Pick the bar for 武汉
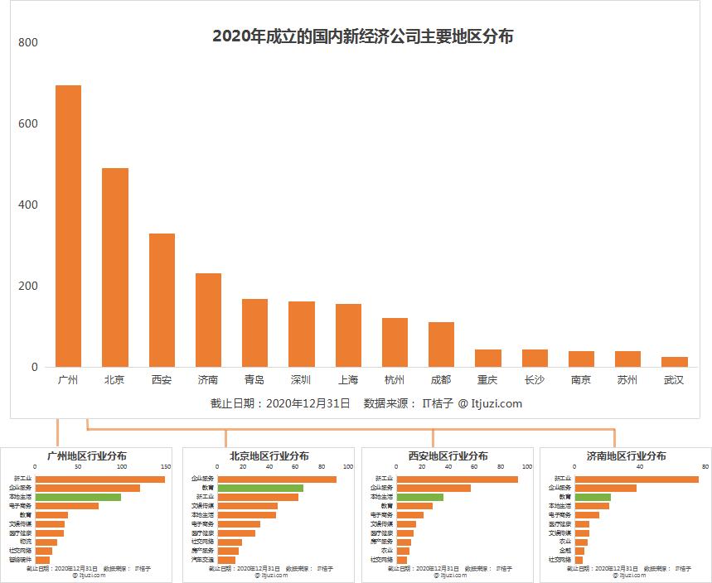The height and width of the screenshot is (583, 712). pos(675,362)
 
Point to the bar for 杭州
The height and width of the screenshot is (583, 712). pos(395,342)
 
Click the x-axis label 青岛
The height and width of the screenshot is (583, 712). pos(254,380)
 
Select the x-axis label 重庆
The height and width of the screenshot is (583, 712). pos(487,380)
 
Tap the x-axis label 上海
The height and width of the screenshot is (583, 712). pos(348,380)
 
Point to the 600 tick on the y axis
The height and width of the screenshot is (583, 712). pos(29,123)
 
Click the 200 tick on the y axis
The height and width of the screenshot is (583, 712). pos(29,286)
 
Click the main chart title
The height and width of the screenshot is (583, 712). pos(362,36)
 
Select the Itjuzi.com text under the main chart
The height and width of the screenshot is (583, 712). pos(496,404)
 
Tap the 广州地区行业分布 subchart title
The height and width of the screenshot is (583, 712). pos(87,456)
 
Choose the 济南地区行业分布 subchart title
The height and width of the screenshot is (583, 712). pos(626,456)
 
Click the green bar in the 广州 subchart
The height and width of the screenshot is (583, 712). pos(78,497)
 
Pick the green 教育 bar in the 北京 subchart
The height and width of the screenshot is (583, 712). pos(247,488)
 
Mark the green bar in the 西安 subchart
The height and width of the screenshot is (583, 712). pos(419,497)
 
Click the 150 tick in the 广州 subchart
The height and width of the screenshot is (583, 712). pos(166,466)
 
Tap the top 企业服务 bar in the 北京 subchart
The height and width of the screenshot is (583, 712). pos(264,479)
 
